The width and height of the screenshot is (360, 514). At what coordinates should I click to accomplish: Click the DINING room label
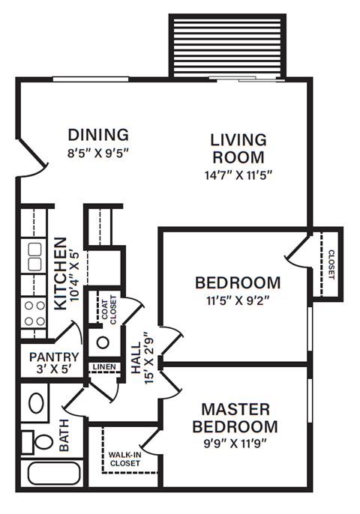coord(98,136)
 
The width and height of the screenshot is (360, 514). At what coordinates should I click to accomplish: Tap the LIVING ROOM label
coord(238,148)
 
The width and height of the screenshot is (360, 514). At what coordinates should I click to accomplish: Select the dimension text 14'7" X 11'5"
coord(238,178)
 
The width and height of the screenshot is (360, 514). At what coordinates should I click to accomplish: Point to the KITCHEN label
coord(61,274)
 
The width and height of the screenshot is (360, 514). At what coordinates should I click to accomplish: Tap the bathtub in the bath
coord(54,474)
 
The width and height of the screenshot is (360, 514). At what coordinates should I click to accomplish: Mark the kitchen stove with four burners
coord(34,313)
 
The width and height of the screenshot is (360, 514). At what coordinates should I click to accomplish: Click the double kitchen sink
coord(34,256)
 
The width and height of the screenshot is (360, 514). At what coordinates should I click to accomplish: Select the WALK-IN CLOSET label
coord(124,459)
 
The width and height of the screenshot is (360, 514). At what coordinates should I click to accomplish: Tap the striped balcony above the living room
coord(227,45)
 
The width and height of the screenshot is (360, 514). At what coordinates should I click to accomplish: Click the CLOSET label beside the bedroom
coord(331,263)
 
